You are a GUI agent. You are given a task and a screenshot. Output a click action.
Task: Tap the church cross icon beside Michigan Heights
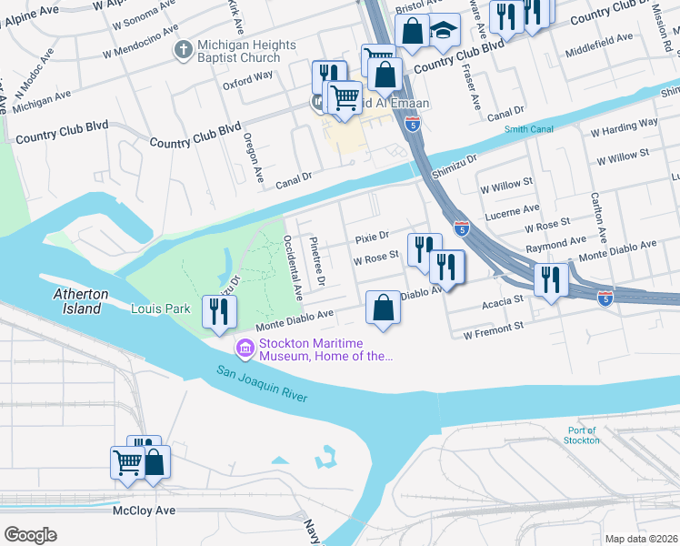184,47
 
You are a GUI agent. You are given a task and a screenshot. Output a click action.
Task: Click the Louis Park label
160,308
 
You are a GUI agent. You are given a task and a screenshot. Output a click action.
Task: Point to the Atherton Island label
81,301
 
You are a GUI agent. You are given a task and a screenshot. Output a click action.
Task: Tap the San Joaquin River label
262,383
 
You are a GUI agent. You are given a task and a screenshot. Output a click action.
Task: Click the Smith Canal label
529,129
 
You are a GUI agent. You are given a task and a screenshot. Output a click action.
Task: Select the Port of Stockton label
582,435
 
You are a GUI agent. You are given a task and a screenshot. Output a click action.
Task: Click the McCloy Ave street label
144,511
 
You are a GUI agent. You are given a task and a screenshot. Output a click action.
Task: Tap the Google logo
30,535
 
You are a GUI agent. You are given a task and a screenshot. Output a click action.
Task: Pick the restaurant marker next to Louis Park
218,311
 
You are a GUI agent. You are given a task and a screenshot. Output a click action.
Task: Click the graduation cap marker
444,32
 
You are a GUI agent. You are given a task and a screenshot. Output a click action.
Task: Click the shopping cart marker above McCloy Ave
127,461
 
